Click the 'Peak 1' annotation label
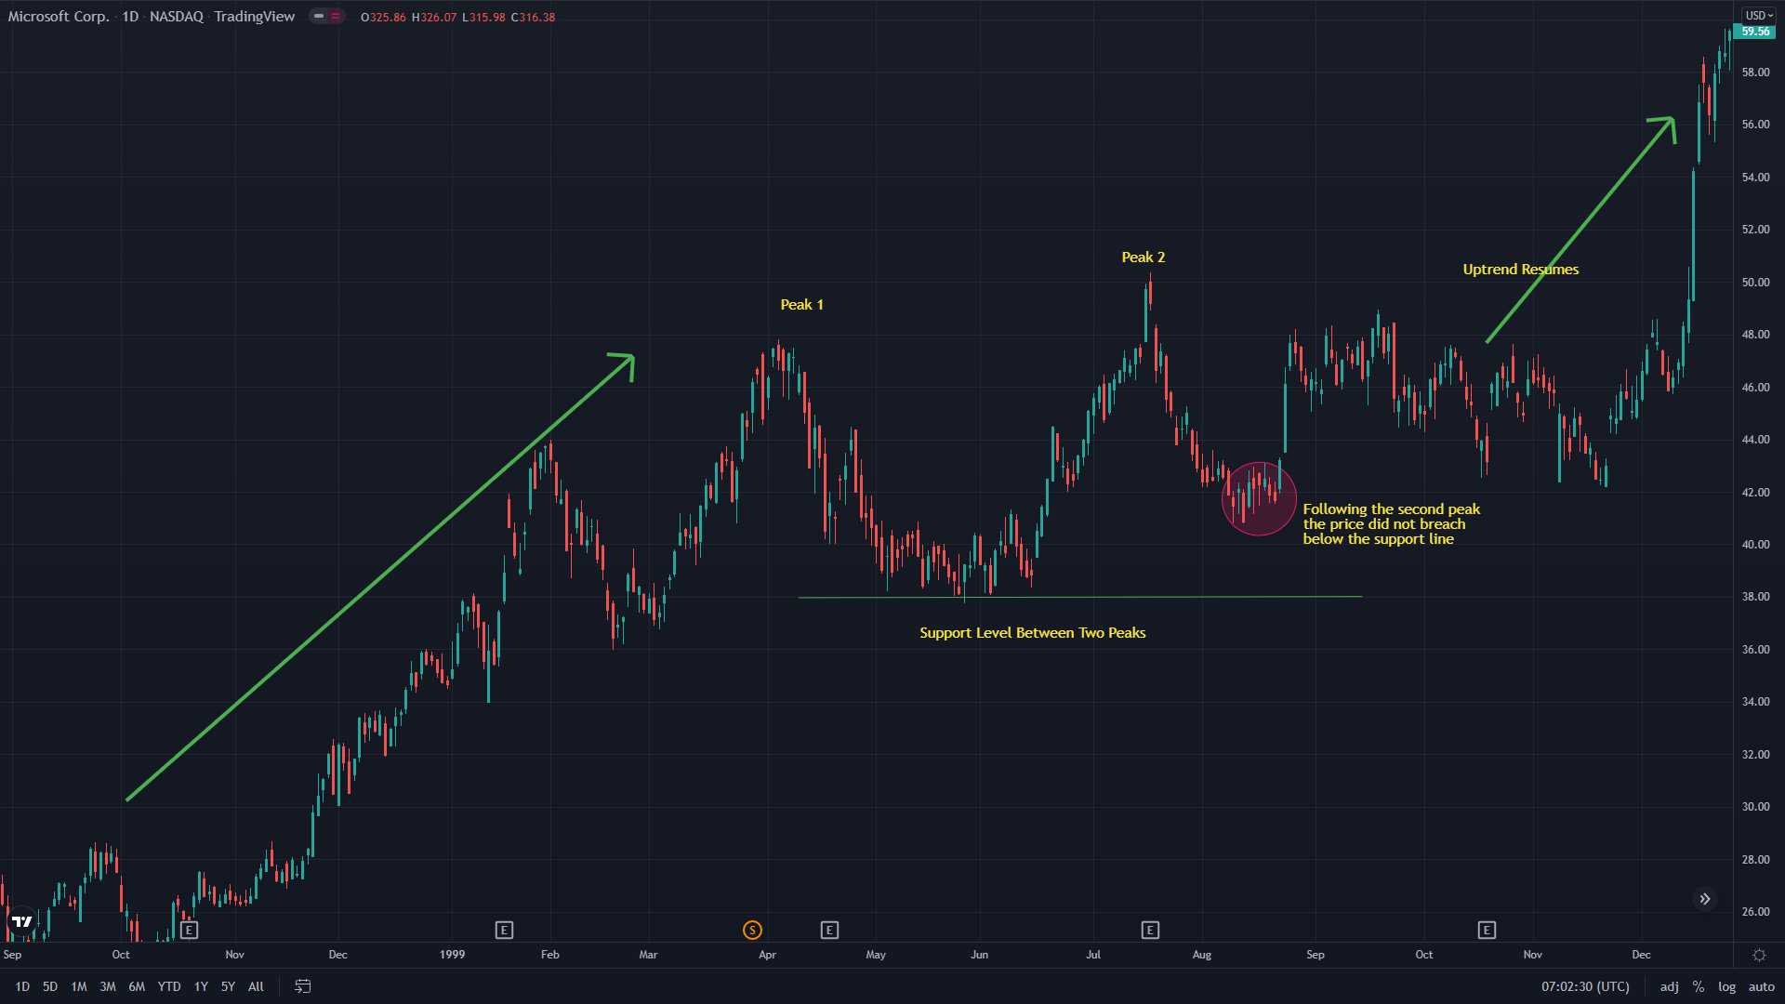click(x=801, y=305)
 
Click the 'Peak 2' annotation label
click(x=1143, y=258)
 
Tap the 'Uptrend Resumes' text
click(x=1520, y=270)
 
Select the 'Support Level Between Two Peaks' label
click(x=1032, y=633)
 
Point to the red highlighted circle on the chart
click(x=1259, y=499)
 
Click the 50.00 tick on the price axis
click(x=1755, y=283)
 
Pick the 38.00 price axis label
click(x=1755, y=597)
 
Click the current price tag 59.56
click(x=1755, y=32)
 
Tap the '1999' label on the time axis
click(x=452, y=955)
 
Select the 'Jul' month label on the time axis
click(x=1093, y=955)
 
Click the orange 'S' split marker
click(x=752, y=930)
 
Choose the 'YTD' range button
click(x=168, y=987)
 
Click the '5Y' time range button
click(x=228, y=987)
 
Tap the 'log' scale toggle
click(x=1726, y=987)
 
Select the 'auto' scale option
click(x=1761, y=987)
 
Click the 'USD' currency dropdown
click(x=1758, y=16)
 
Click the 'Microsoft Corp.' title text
click(x=58, y=17)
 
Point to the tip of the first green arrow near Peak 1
click(x=632, y=357)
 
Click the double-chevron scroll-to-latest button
click(x=1705, y=899)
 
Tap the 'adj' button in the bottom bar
click(x=1670, y=987)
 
